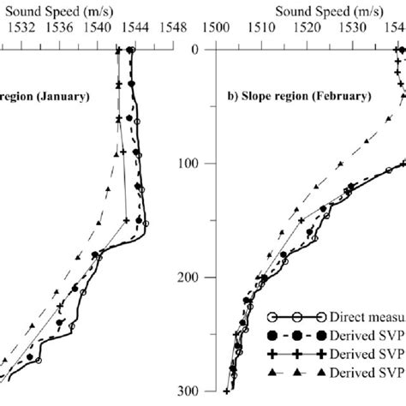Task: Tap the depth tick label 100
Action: click(x=188, y=163)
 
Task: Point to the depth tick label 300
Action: click(x=188, y=391)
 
